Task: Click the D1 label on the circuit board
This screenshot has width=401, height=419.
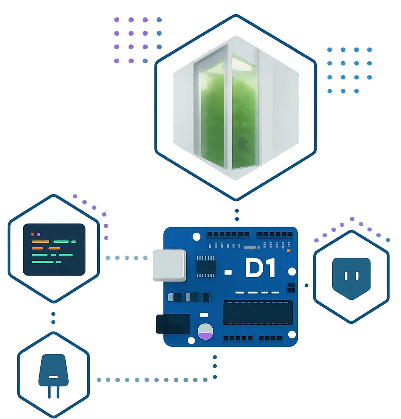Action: [x=260, y=268]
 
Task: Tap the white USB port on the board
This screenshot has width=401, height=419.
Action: [x=169, y=265]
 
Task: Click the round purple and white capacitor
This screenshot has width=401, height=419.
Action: [x=205, y=331]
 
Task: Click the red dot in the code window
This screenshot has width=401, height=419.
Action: [x=33, y=234]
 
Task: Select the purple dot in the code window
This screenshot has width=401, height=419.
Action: [x=39, y=234]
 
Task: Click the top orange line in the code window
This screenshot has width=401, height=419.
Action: [x=40, y=242]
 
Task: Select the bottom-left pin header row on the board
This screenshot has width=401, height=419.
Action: [x=238, y=339]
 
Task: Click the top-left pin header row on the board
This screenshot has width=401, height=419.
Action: [x=228, y=234]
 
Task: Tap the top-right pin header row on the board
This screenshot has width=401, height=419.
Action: [x=277, y=234]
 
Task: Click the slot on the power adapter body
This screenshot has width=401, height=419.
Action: [x=53, y=377]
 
